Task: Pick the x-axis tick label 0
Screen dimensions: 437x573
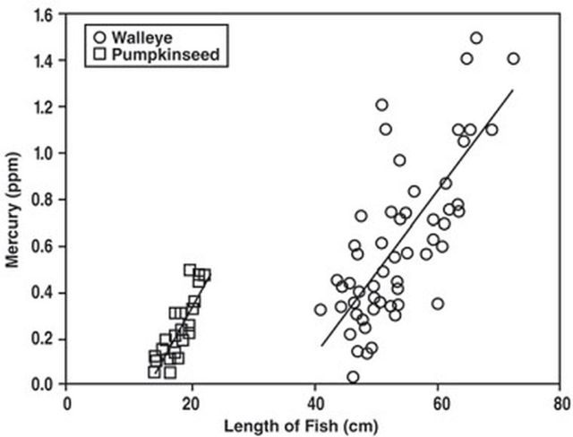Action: (x=68, y=402)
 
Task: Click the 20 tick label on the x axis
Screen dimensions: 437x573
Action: (x=192, y=402)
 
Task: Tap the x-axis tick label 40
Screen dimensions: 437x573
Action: (x=314, y=402)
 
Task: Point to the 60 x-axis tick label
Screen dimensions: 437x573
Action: (x=438, y=402)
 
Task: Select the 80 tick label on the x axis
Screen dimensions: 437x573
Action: (x=560, y=402)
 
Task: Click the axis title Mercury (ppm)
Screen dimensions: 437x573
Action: (x=13, y=200)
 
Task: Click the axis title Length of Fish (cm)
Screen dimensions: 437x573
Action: (x=314, y=425)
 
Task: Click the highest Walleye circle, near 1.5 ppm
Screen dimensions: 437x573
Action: (x=476, y=38)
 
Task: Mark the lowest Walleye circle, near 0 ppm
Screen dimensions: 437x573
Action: (x=354, y=377)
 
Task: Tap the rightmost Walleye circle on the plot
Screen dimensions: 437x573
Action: (x=513, y=58)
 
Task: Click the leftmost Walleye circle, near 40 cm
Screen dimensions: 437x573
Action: (x=321, y=310)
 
